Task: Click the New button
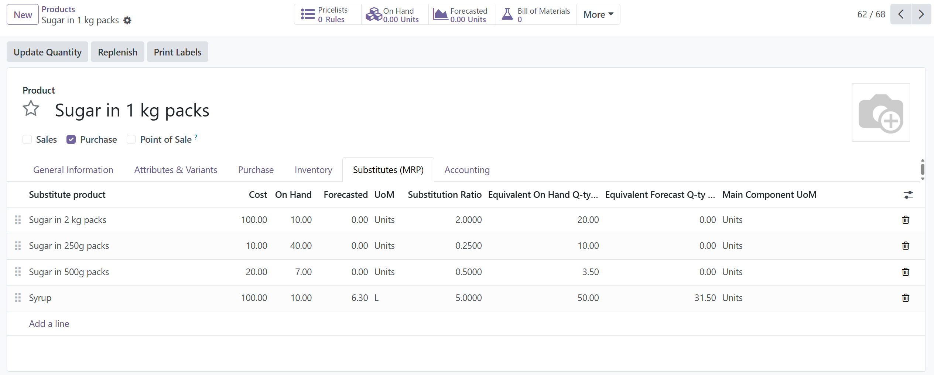(23, 15)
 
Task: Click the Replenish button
(117, 52)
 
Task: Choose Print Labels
(178, 52)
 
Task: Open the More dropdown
(598, 15)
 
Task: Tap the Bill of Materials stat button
(536, 15)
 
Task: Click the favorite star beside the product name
(31, 109)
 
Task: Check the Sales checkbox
(27, 139)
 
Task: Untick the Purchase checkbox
(71, 139)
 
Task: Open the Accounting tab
(467, 170)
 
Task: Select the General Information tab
(73, 170)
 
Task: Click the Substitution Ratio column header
(444, 195)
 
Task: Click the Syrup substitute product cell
(40, 298)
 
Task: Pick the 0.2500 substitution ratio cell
(468, 246)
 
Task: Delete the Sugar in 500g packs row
(906, 272)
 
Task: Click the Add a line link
(49, 324)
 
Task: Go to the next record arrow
(921, 14)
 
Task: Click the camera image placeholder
(880, 112)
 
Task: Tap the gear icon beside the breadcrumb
(127, 20)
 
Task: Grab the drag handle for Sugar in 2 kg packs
(18, 220)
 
